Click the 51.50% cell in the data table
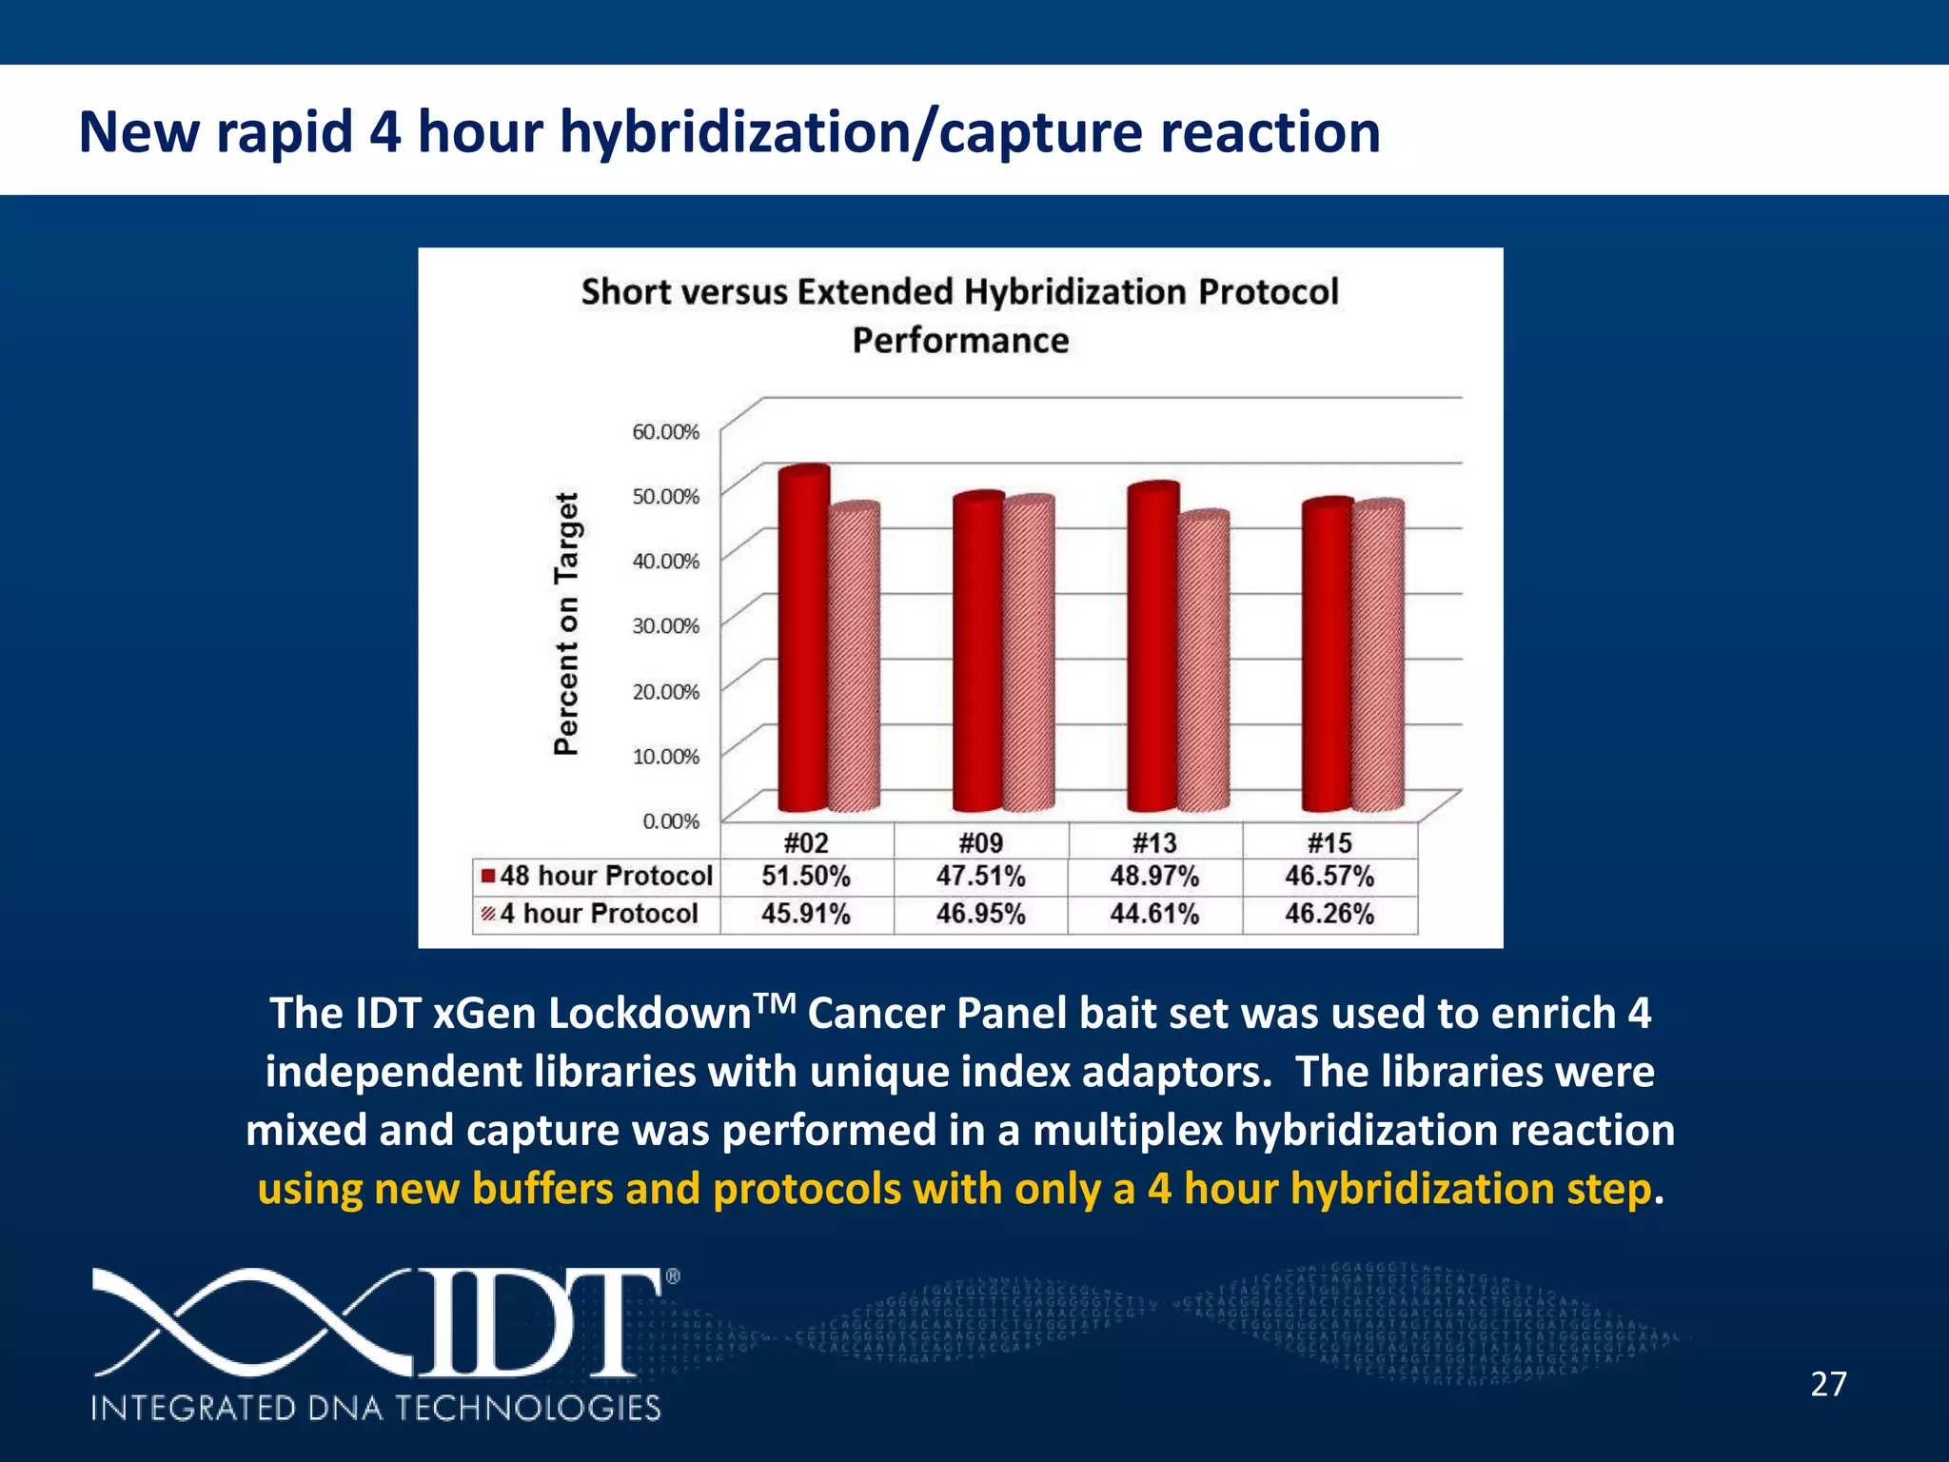click(x=805, y=876)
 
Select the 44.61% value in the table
click(x=1154, y=914)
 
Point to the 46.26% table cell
click(x=1329, y=914)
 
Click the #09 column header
click(x=980, y=842)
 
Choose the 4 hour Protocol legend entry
click(x=592, y=914)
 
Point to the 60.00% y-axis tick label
click(x=665, y=431)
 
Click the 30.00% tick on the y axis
click(x=665, y=625)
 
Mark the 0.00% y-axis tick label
click(x=670, y=820)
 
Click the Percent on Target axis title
click(x=566, y=623)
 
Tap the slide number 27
click(x=1828, y=1384)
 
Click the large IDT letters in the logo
click(x=533, y=1323)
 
